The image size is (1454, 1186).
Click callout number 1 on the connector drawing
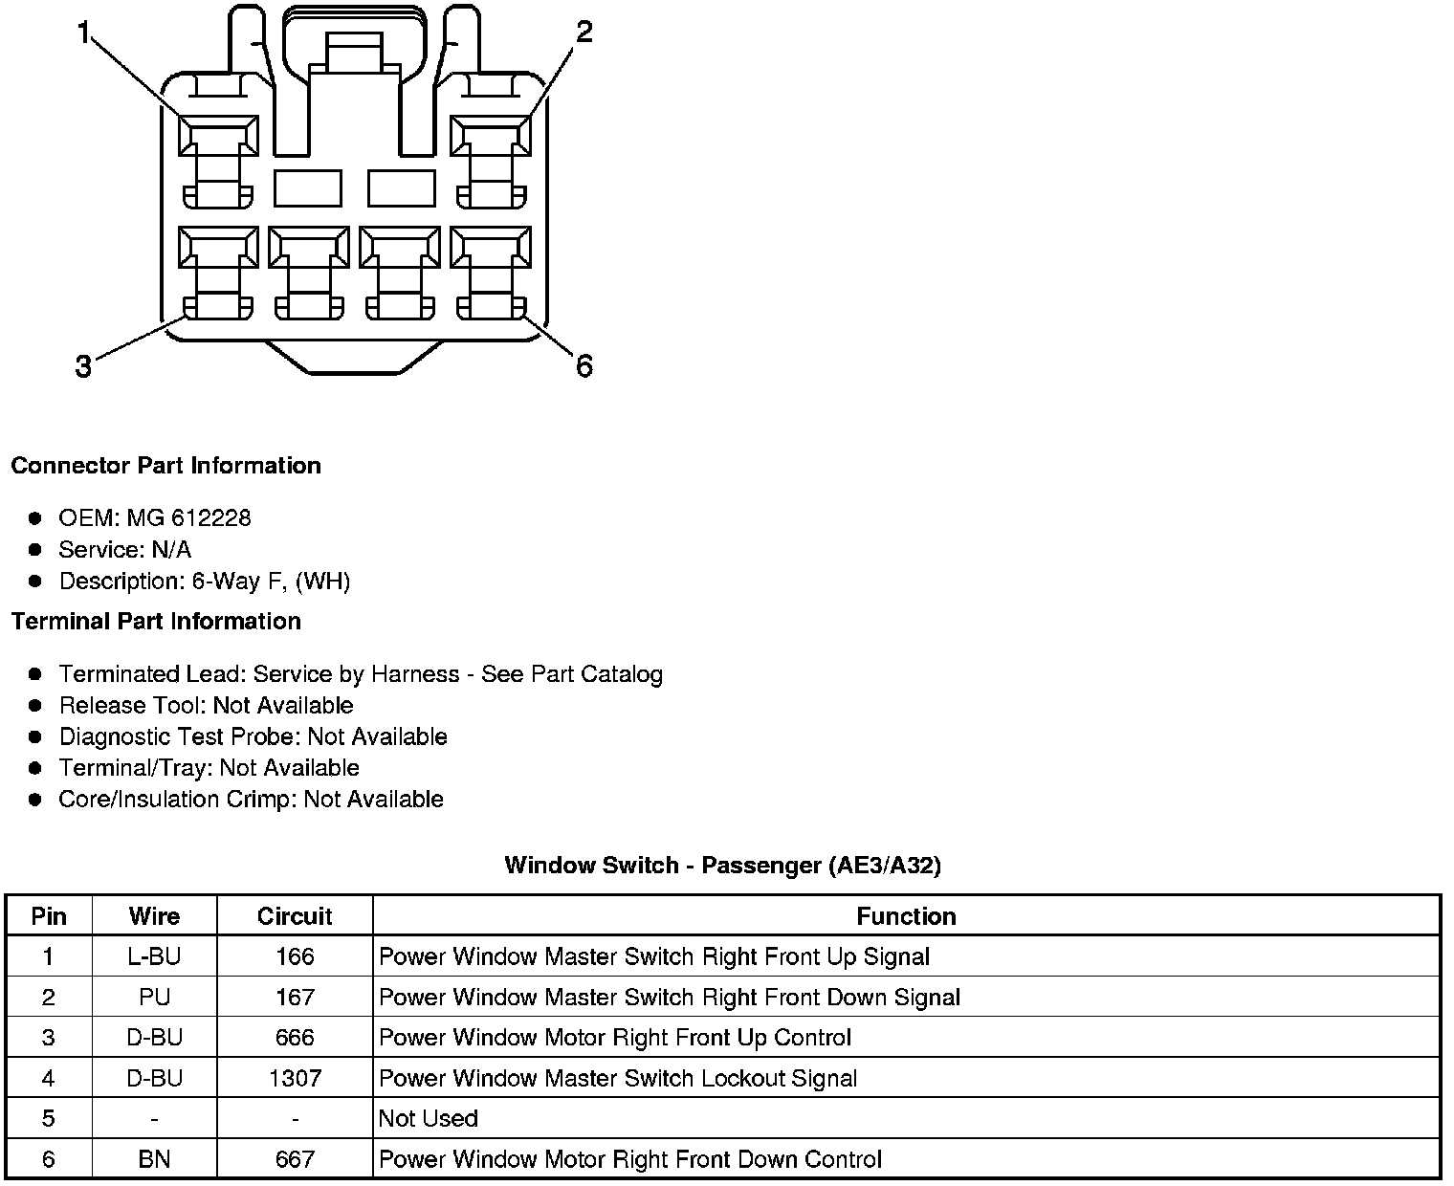(x=84, y=34)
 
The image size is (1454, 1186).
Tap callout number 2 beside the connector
(x=584, y=33)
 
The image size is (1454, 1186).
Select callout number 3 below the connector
(x=84, y=365)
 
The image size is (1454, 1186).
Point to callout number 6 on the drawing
(x=584, y=365)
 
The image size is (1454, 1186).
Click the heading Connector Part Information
(x=165, y=466)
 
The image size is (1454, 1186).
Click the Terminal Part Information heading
(x=156, y=622)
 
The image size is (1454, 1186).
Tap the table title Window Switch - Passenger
(x=722, y=866)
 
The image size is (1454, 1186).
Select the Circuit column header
(x=295, y=916)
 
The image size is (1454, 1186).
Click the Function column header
(x=906, y=916)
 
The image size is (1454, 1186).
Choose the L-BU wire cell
(x=154, y=956)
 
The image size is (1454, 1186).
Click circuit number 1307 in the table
(x=295, y=1078)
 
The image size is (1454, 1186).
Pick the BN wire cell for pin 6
(x=154, y=1159)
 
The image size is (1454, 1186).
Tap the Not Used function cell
(x=428, y=1119)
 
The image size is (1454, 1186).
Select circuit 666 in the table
(x=295, y=1038)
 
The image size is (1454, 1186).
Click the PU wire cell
(x=154, y=998)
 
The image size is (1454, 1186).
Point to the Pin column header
(x=49, y=916)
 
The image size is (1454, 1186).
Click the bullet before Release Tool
(x=35, y=706)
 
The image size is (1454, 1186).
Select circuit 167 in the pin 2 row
(x=295, y=998)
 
